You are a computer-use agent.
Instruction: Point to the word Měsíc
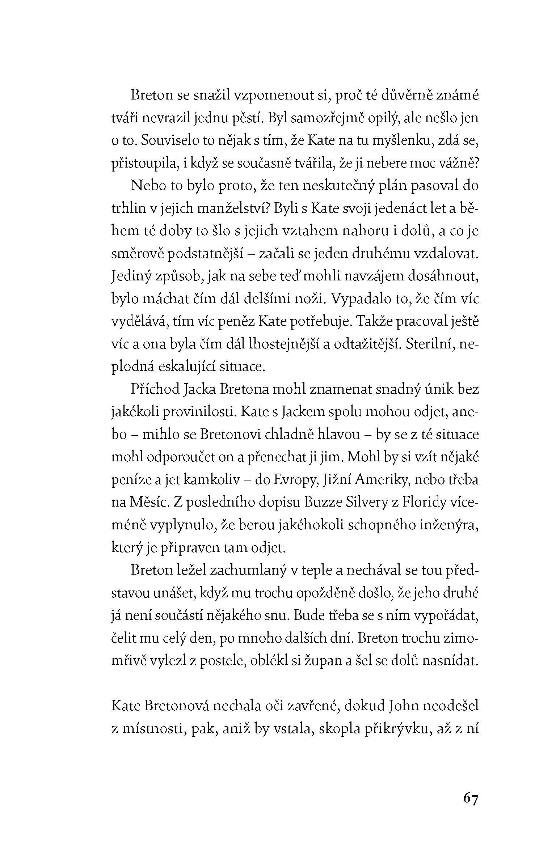pos(150,503)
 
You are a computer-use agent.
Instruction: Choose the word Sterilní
pos(430,344)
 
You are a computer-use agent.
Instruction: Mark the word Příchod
pos(155,390)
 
